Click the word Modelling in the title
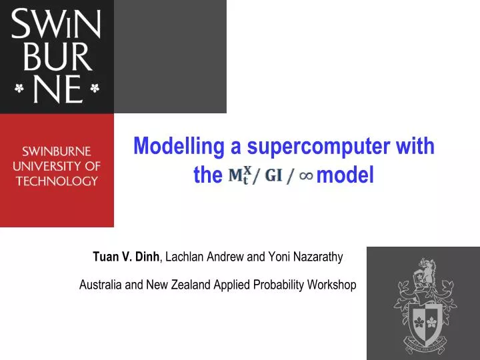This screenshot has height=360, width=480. point(174,146)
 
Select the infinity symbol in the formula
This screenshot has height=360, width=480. point(306,176)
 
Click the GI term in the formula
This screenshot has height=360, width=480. point(273,176)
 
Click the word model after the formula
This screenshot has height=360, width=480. point(346,175)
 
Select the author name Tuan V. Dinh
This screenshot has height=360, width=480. point(126,256)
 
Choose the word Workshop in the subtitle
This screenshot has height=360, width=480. point(331,285)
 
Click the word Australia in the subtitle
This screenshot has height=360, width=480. point(100,285)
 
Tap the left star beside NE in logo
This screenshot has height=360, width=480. point(19,88)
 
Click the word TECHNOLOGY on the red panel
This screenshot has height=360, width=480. point(57,180)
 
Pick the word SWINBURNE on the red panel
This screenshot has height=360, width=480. point(57,151)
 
